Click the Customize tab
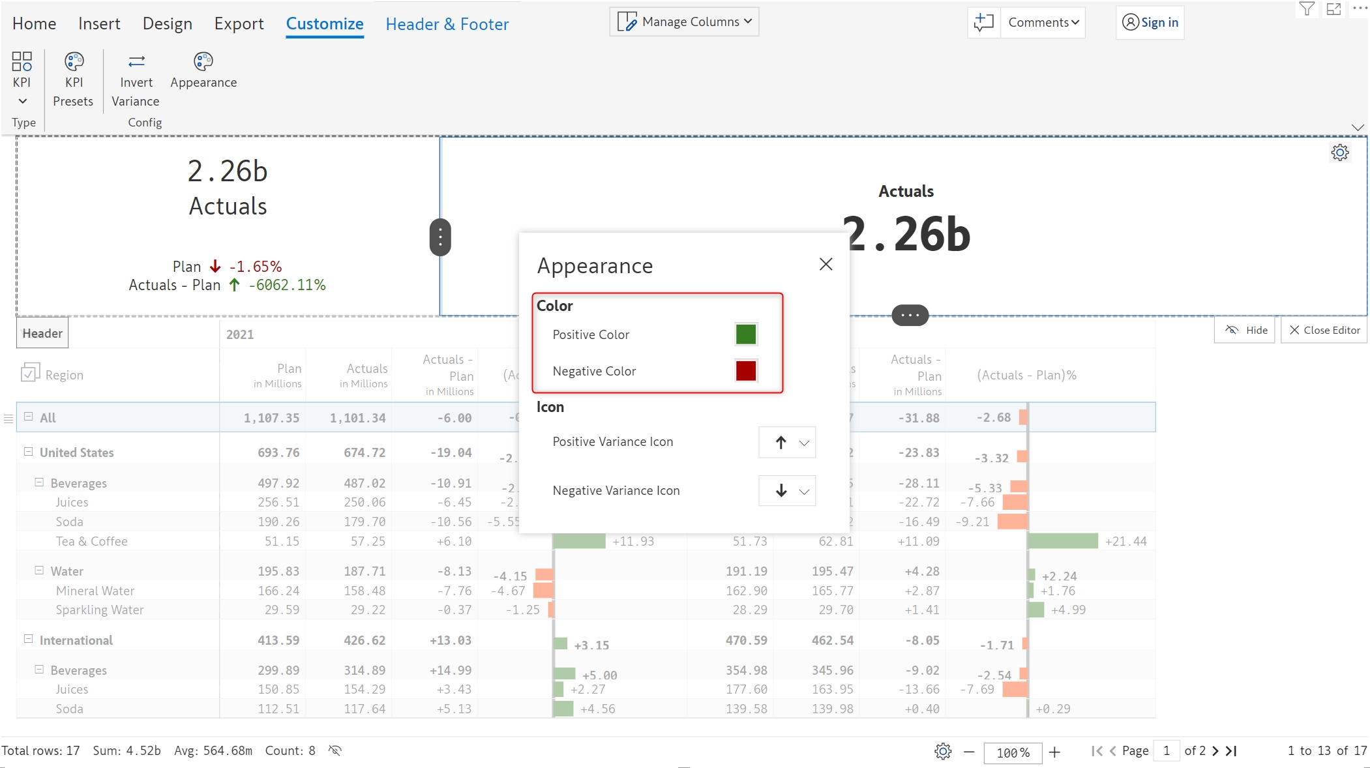point(325,24)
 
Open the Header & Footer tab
point(447,24)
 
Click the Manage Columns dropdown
point(684,22)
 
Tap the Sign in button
point(1150,23)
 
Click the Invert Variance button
point(136,81)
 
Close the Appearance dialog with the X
point(826,264)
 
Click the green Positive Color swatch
point(745,334)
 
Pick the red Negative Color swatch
point(745,371)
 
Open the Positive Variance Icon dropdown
point(787,443)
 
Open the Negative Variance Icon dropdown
point(787,491)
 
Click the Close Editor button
point(1324,331)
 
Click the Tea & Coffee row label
point(92,541)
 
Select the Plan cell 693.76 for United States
point(278,452)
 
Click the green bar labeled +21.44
point(1063,541)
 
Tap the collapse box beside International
point(29,640)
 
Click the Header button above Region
point(42,334)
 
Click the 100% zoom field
point(1013,752)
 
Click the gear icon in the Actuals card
point(1339,153)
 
